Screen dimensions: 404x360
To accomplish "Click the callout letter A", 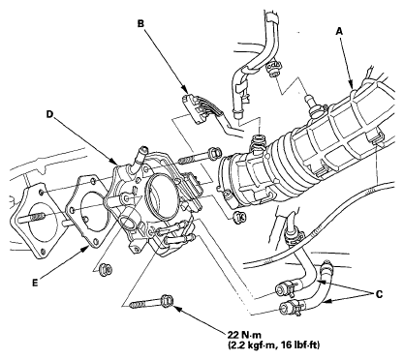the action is click(339, 31).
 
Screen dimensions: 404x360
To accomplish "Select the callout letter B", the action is click(140, 23).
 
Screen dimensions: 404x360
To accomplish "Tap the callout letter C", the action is click(379, 294).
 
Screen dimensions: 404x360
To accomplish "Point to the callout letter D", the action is click(49, 114).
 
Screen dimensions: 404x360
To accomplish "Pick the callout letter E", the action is click(35, 283).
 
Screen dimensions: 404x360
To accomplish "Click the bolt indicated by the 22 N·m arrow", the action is click(152, 302).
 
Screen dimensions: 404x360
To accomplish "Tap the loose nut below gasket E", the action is click(106, 269).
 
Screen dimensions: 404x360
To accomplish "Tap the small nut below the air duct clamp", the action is click(239, 217).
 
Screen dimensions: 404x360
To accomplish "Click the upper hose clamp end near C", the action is click(286, 288).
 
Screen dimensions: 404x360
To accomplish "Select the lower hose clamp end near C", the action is click(290, 305).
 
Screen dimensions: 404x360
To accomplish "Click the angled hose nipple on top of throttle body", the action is click(139, 156).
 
